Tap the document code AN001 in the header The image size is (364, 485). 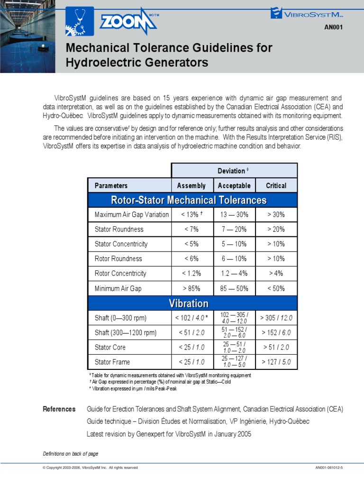point(333,27)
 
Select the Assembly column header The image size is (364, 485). point(191,186)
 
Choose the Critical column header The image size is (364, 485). point(276,186)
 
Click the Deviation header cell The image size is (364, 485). point(234,171)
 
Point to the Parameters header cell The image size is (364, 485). point(111,186)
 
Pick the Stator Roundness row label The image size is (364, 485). point(119,229)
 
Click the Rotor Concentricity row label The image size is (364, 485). point(120,273)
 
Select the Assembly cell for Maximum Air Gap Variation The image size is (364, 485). point(191,215)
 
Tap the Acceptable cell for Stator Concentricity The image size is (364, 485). point(234,244)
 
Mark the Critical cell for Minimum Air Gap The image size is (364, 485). point(276,288)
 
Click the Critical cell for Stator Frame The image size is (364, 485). point(276,362)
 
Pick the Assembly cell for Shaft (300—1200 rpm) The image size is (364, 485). point(191,332)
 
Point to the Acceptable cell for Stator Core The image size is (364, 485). point(234,347)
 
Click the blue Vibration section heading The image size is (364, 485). point(192,303)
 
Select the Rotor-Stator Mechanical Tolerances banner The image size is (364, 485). point(192,200)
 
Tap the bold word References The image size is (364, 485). point(59,409)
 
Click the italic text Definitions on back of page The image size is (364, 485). point(71,454)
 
